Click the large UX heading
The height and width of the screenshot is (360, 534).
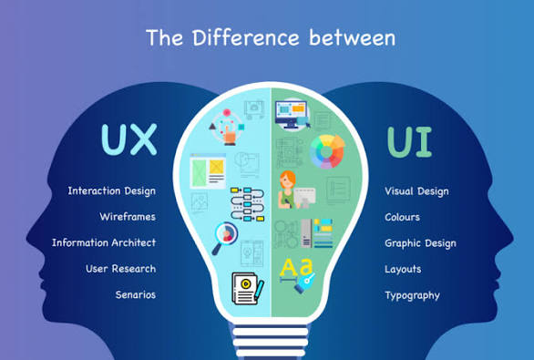point(128,139)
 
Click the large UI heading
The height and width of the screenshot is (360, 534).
point(410,141)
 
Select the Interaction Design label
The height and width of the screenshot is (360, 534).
point(111,191)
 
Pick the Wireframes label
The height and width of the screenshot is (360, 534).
point(128,217)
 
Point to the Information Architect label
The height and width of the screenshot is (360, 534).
point(103,242)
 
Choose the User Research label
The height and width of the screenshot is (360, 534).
point(120,269)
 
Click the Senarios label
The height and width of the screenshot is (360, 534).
point(135,294)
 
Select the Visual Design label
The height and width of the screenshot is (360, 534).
point(416,191)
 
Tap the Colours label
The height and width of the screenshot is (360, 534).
point(402,217)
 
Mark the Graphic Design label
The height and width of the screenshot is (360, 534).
point(420,243)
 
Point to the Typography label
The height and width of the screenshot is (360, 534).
point(412,295)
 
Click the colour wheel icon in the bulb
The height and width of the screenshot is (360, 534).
point(327,151)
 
